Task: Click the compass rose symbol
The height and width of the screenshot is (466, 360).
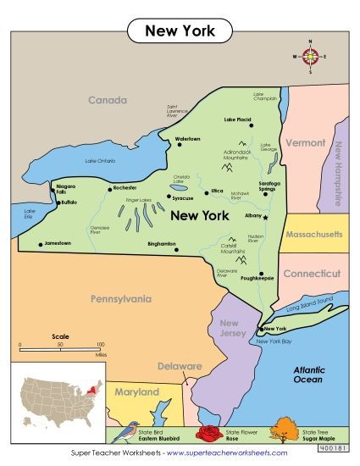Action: [309, 57]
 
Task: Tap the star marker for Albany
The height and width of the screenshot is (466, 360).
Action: [265, 218]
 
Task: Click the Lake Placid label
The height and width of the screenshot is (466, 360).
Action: [239, 119]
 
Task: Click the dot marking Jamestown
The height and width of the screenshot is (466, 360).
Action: [40, 245]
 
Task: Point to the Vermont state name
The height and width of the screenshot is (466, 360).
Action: [305, 143]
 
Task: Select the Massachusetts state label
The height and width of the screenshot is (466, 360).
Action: [313, 233]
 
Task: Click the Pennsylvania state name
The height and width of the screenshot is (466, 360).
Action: [120, 298]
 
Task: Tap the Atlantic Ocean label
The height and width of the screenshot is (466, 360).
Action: [308, 374]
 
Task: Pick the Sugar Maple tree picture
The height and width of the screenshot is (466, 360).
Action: [285, 435]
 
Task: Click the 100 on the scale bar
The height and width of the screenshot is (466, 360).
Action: [100, 345]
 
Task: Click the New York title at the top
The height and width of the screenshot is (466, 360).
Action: [180, 31]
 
